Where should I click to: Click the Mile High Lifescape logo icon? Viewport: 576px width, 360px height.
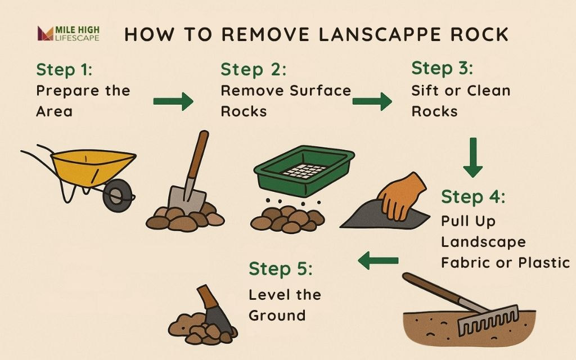pyautogui.click(x=45, y=33)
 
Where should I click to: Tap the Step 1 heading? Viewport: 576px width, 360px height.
pyautogui.click(x=64, y=69)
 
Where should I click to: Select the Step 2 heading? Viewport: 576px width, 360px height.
pyautogui.click(x=253, y=69)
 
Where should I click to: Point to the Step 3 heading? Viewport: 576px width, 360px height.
pyautogui.click(x=442, y=68)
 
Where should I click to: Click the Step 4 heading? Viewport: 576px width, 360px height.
pyautogui.click(x=473, y=197)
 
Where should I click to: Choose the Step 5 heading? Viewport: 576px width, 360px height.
pyautogui.click(x=281, y=269)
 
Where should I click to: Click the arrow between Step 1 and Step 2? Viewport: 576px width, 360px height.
pyautogui.click(x=173, y=101)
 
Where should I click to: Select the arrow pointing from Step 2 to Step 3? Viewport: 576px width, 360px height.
pyautogui.click(x=372, y=101)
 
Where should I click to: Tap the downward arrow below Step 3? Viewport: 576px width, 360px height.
pyautogui.click(x=473, y=157)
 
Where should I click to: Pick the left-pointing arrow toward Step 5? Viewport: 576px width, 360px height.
pyautogui.click(x=378, y=260)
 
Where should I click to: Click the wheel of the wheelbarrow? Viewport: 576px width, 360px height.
pyautogui.click(x=118, y=195)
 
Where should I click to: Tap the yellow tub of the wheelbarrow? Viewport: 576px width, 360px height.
pyautogui.click(x=93, y=167)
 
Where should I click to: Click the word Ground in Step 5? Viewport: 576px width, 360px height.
pyautogui.click(x=277, y=315)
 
